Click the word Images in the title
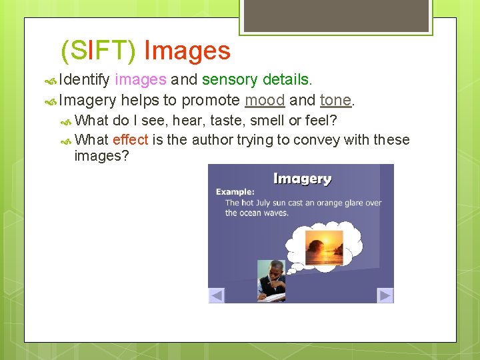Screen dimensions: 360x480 pyautogui.click(x=187, y=51)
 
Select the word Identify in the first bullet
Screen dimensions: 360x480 pyautogui.click(x=84, y=80)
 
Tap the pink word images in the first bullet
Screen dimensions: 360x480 pyautogui.click(x=140, y=80)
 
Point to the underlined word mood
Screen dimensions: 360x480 pyautogui.click(x=265, y=101)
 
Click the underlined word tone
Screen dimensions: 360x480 pyautogui.click(x=335, y=101)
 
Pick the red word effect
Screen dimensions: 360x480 pyautogui.click(x=130, y=139)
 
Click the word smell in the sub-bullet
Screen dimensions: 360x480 pyautogui.click(x=267, y=121)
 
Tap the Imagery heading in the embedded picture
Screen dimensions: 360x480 pyautogui.click(x=302, y=179)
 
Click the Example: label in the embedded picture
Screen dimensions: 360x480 pyautogui.click(x=235, y=192)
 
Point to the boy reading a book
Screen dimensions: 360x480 pyautogui.click(x=273, y=281)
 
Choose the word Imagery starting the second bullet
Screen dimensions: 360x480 pyautogui.click(x=87, y=101)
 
